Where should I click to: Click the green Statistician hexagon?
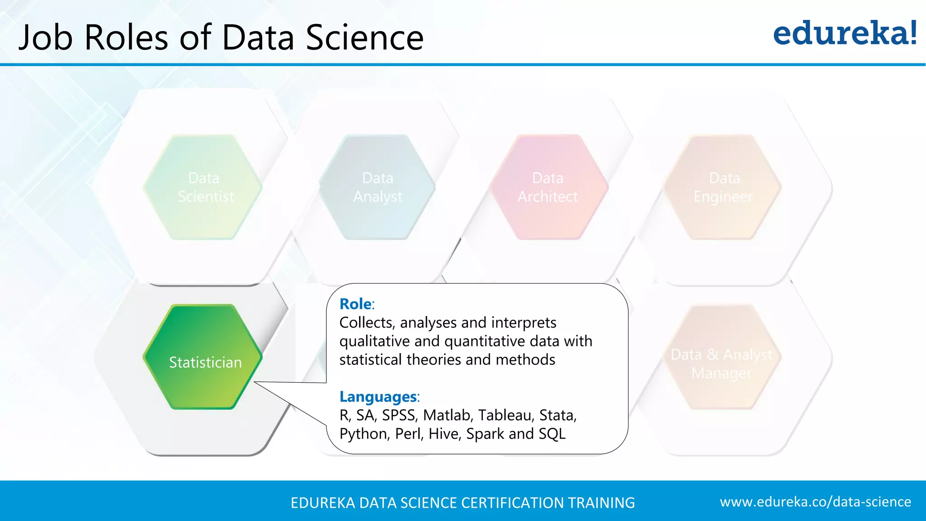click(203, 357)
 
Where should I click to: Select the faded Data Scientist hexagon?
click(203, 187)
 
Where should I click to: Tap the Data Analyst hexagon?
click(377, 187)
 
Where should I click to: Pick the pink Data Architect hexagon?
click(548, 187)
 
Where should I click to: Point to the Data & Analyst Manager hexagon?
click(723, 358)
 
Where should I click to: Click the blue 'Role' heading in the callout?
click(356, 304)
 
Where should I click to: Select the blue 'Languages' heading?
click(378, 397)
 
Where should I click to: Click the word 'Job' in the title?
click(46, 37)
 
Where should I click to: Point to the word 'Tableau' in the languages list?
click(505, 415)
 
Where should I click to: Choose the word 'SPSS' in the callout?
click(398, 415)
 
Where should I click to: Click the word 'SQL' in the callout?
click(552, 434)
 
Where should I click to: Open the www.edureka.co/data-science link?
click(815, 502)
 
